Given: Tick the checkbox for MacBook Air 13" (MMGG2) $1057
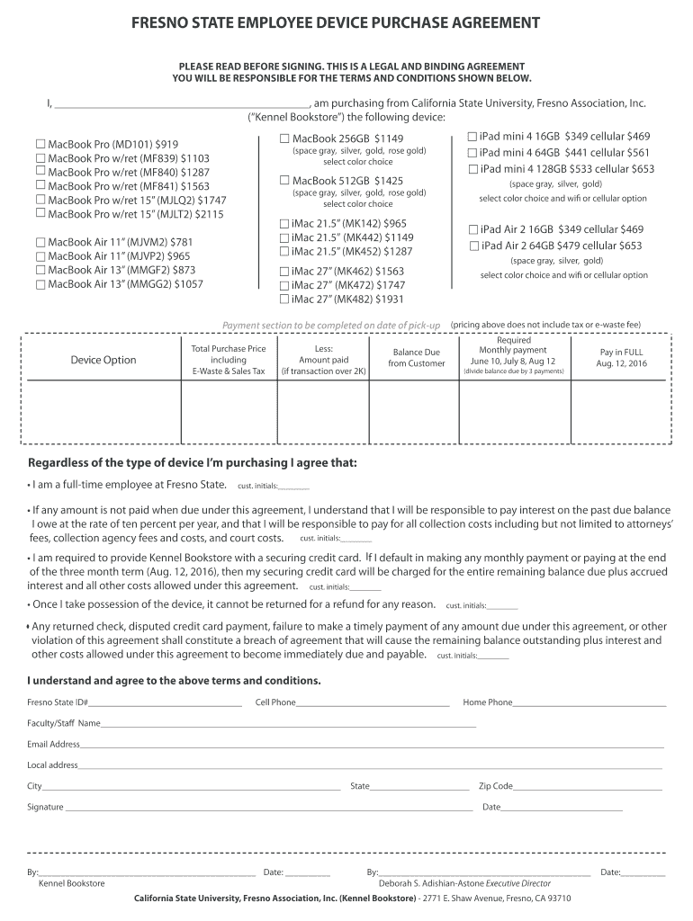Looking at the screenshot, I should click(40, 284).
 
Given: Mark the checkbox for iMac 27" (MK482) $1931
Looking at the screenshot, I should click(284, 300).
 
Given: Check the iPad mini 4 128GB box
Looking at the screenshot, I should click(473, 169).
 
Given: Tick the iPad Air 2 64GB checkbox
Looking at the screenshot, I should click(473, 246).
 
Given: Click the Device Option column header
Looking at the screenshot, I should click(103, 361).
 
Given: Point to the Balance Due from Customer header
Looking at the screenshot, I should click(416, 358).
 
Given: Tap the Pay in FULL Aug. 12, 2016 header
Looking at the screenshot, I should click(621, 358).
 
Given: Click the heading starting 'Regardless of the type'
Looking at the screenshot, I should click(193, 463).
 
